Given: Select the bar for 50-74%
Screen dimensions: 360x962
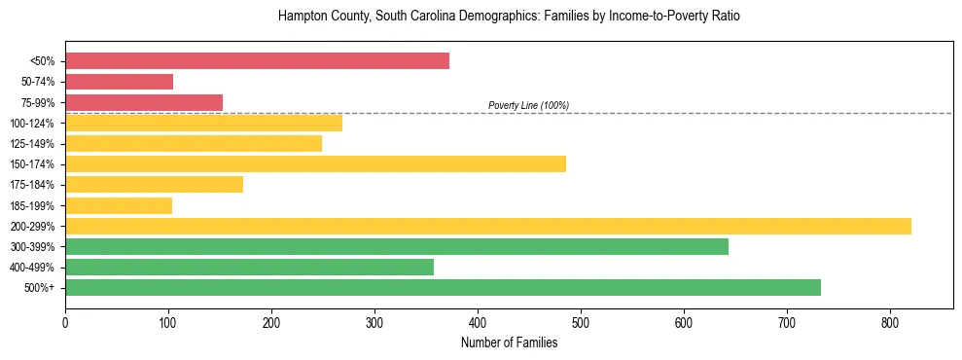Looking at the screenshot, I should pyautogui.click(x=119, y=82).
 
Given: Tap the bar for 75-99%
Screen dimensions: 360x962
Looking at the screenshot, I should pyautogui.click(x=144, y=102).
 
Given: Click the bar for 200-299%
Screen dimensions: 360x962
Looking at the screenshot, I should pyautogui.click(x=487, y=226).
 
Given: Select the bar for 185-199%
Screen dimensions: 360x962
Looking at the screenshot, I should pyautogui.click(x=119, y=205).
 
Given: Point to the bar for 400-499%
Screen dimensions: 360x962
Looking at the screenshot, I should pyautogui.click(x=249, y=267).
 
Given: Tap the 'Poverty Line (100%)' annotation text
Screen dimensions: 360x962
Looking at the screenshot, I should pyautogui.click(x=528, y=105).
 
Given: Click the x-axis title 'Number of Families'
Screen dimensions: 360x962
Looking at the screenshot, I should pyautogui.click(x=509, y=342).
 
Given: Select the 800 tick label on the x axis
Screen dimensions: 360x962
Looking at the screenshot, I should pyautogui.click(x=890, y=322).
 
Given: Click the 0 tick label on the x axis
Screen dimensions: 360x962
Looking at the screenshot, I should pyautogui.click(x=65, y=322).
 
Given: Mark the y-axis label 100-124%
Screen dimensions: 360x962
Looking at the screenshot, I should pyautogui.click(x=32, y=124).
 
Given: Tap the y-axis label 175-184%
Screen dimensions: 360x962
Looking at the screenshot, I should pyautogui.click(x=32, y=185).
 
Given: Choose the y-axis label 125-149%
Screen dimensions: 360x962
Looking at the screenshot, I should pyautogui.click(x=32, y=144).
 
